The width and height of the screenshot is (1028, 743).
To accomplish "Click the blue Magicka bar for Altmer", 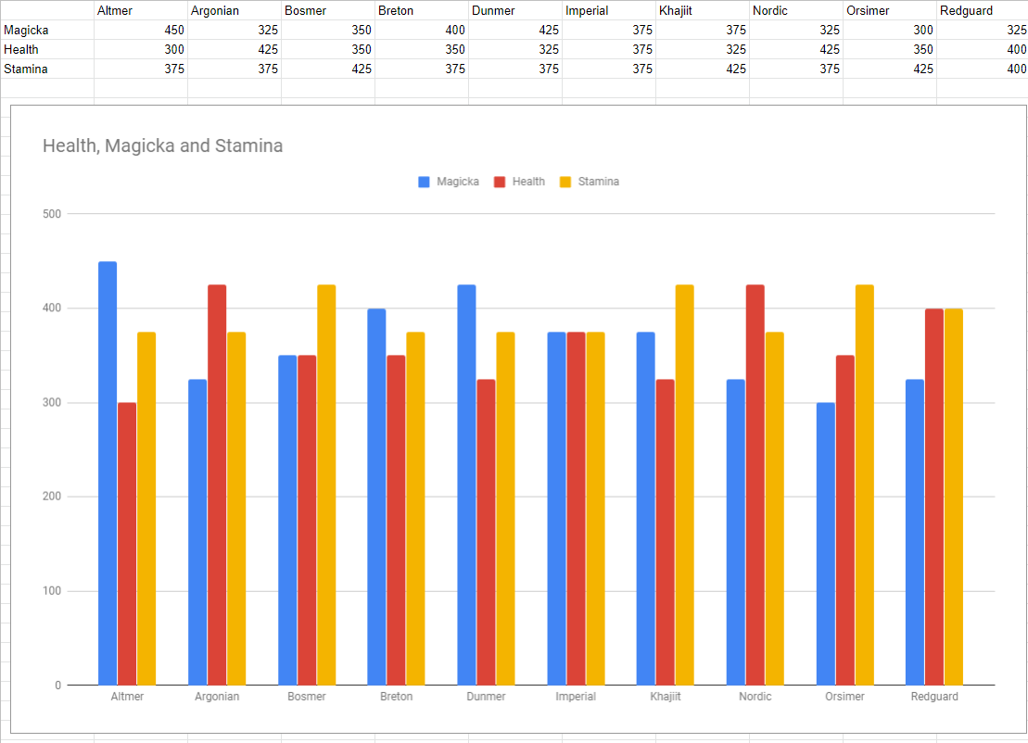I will pos(108,472).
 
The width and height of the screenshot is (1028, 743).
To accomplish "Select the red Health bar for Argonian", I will pos(217,485).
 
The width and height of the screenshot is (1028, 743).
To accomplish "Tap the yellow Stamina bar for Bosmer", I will pos(326,485).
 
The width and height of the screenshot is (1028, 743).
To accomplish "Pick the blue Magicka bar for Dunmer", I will pos(466,485).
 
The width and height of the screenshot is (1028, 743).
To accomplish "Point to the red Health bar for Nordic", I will pos(755,485).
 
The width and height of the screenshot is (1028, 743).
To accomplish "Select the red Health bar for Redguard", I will pos(934,497).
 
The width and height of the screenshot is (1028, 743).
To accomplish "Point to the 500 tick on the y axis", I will pos(51,214).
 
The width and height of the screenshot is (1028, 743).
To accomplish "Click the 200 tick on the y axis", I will pos(51,497).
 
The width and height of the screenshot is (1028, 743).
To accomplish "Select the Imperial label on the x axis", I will pos(576,697).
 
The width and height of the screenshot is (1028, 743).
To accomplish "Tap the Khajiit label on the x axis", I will pos(666,697).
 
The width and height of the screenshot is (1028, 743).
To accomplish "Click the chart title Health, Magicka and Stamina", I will pos(162,145).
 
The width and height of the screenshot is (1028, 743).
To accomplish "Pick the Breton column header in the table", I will pos(396,10).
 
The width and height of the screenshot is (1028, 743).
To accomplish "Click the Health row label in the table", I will pos(21,49).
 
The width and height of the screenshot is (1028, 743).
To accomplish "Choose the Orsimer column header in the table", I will pos(866,10).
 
